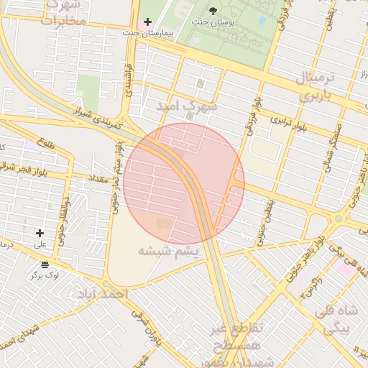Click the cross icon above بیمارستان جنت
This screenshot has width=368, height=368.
(x=147, y=22)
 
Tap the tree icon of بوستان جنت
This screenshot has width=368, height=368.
(x=213, y=9)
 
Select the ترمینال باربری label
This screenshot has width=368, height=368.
(x=315, y=86)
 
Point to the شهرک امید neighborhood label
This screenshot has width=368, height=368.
(x=188, y=106)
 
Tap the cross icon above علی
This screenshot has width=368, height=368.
(x=40, y=233)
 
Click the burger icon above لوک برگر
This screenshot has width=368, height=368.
(x=46, y=264)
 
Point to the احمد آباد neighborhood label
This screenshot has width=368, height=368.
(x=103, y=295)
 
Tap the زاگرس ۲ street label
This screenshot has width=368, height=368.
(x=305, y=287)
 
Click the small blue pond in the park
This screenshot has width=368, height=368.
(x=262, y=21)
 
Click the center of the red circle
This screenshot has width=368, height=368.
(x=184, y=183)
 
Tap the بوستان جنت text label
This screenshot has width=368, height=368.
(x=213, y=22)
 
